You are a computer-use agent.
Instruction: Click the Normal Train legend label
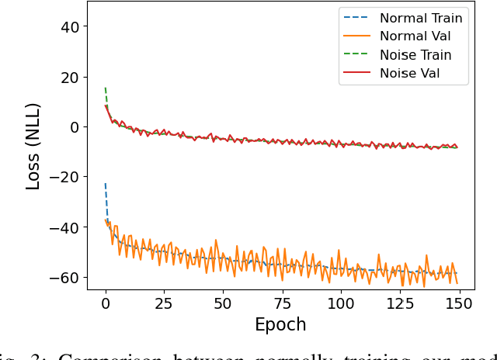[420, 18]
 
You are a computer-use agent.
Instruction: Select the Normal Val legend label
[415, 36]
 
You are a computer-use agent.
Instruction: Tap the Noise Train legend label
[415, 55]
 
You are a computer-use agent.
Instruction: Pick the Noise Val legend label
[410, 74]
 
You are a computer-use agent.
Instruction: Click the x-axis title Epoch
[280, 324]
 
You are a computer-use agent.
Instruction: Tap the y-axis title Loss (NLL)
[33, 147]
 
